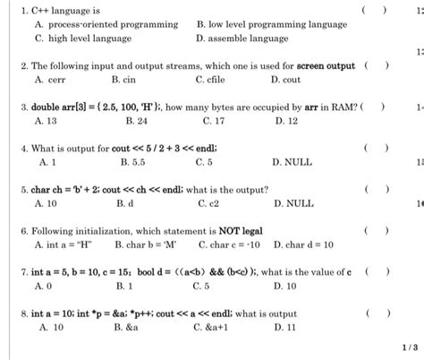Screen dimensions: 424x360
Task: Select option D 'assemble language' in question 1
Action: click(x=241, y=39)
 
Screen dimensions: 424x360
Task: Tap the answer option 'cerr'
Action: click(x=54, y=79)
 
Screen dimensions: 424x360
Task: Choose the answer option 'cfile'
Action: click(x=215, y=79)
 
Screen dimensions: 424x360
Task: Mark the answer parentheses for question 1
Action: click(x=375, y=11)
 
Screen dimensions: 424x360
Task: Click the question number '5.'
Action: click(x=24, y=190)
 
